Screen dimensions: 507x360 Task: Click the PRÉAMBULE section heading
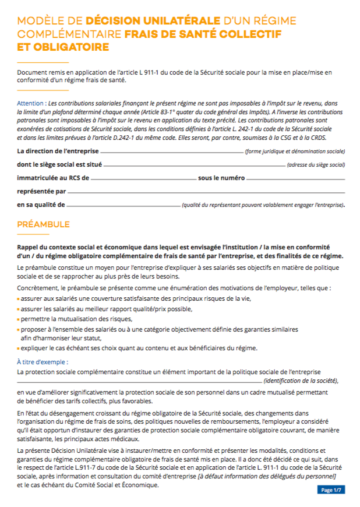point(43,224)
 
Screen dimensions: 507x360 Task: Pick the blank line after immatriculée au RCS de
point(143,179)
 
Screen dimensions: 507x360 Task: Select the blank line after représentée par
point(206,192)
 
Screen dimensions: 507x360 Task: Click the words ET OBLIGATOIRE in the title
point(63,47)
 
